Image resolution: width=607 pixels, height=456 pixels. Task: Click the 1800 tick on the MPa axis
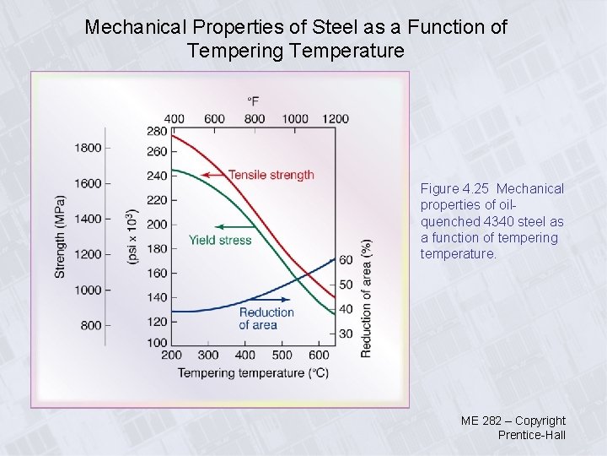point(89,148)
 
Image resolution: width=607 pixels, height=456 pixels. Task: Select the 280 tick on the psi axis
point(157,132)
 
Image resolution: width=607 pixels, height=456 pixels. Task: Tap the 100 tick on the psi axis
point(157,343)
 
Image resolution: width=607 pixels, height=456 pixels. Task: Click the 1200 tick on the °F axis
point(335,118)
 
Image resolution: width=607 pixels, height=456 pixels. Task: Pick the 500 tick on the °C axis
point(282,356)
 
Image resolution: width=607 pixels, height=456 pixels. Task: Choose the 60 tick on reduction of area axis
point(346,260)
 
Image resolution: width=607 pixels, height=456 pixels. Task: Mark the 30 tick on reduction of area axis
point(346,334)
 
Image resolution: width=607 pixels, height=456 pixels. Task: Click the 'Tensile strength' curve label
point(271,175)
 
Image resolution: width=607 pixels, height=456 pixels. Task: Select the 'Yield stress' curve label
point(220,240)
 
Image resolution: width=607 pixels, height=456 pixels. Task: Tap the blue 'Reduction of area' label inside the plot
point(266,318)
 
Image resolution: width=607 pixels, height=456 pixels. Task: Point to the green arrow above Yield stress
point(234,226)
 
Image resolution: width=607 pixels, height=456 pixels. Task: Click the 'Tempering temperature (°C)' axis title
point(253,372)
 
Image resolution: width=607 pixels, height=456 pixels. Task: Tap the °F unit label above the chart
point(253,101)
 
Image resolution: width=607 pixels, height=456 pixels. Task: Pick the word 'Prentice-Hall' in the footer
point(531,435)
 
